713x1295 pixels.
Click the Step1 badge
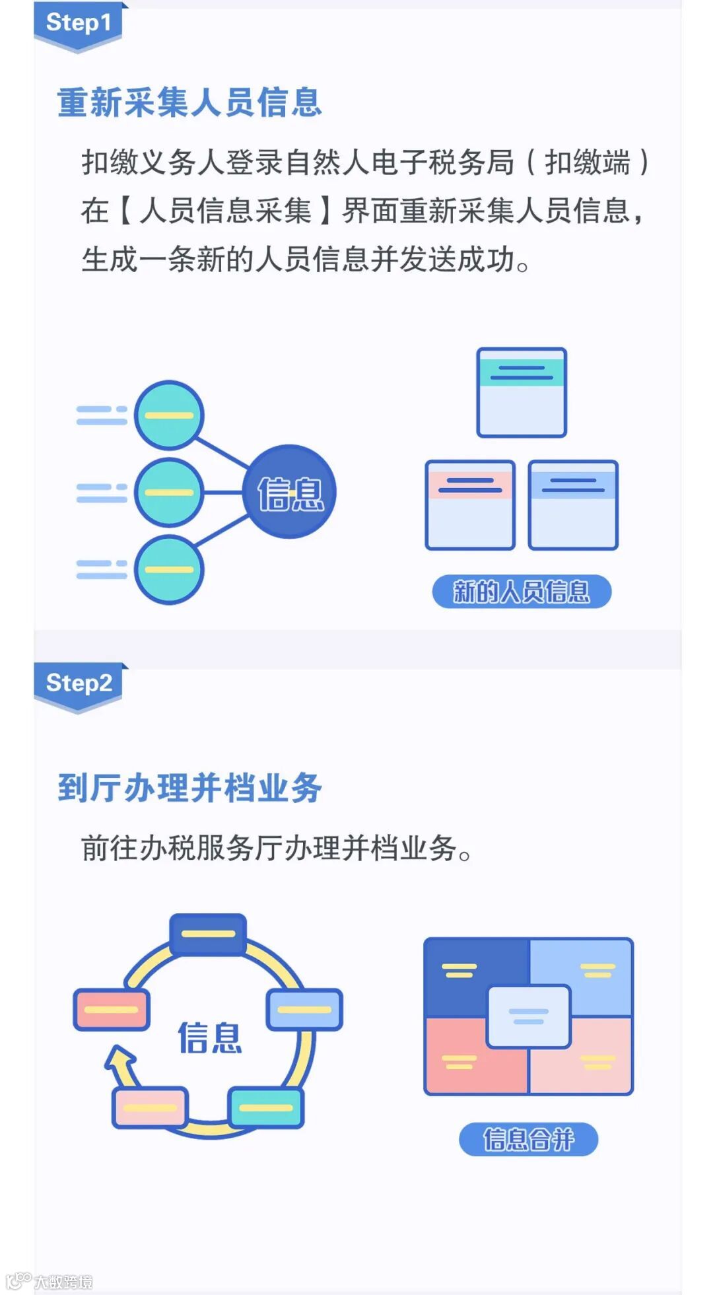(78, 24)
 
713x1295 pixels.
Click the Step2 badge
(79, 683)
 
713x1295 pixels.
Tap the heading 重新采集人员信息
(189, 103)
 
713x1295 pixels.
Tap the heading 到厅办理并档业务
(189, 788)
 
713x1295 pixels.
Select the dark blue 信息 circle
(290, 492)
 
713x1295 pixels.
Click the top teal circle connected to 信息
(169, 415)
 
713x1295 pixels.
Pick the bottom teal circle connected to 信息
(169, 570)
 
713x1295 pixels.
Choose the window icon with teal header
(522, 392)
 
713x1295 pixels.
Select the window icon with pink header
(470, 505)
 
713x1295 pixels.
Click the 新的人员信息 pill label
(522, 591)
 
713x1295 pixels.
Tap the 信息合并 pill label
(528, 1139)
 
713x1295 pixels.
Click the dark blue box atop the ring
(208, 934)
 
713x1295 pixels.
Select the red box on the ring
(111, 1009)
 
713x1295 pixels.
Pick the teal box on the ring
(265, 1107)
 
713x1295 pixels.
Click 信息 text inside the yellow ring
(209, 1037)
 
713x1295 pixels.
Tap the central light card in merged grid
(528, 1016)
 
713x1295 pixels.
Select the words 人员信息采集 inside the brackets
(225, 211)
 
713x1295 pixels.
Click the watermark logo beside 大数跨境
(18, 1281)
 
